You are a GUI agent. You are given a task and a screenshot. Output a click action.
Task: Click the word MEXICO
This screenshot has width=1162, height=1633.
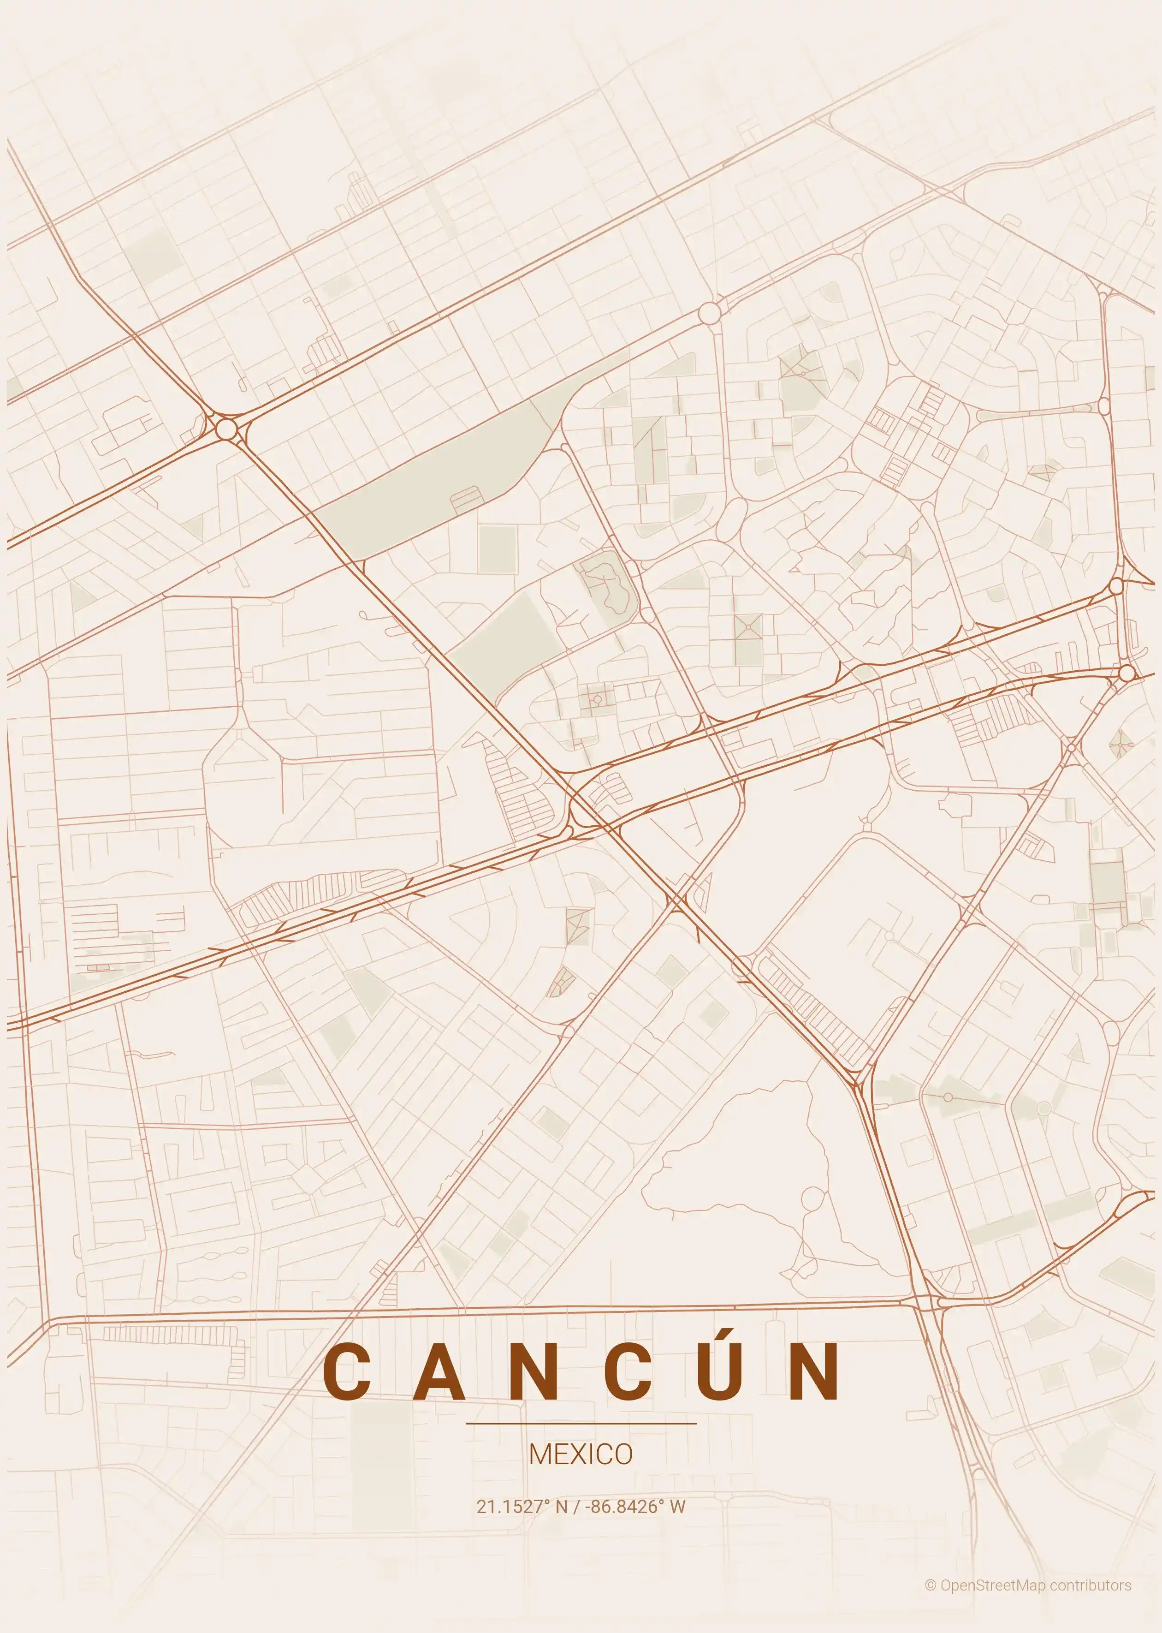580,1454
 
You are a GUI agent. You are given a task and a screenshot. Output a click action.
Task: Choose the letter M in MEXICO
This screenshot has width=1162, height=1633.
539,1454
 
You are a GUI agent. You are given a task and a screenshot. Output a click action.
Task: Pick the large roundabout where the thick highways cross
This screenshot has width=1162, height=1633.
226,429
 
